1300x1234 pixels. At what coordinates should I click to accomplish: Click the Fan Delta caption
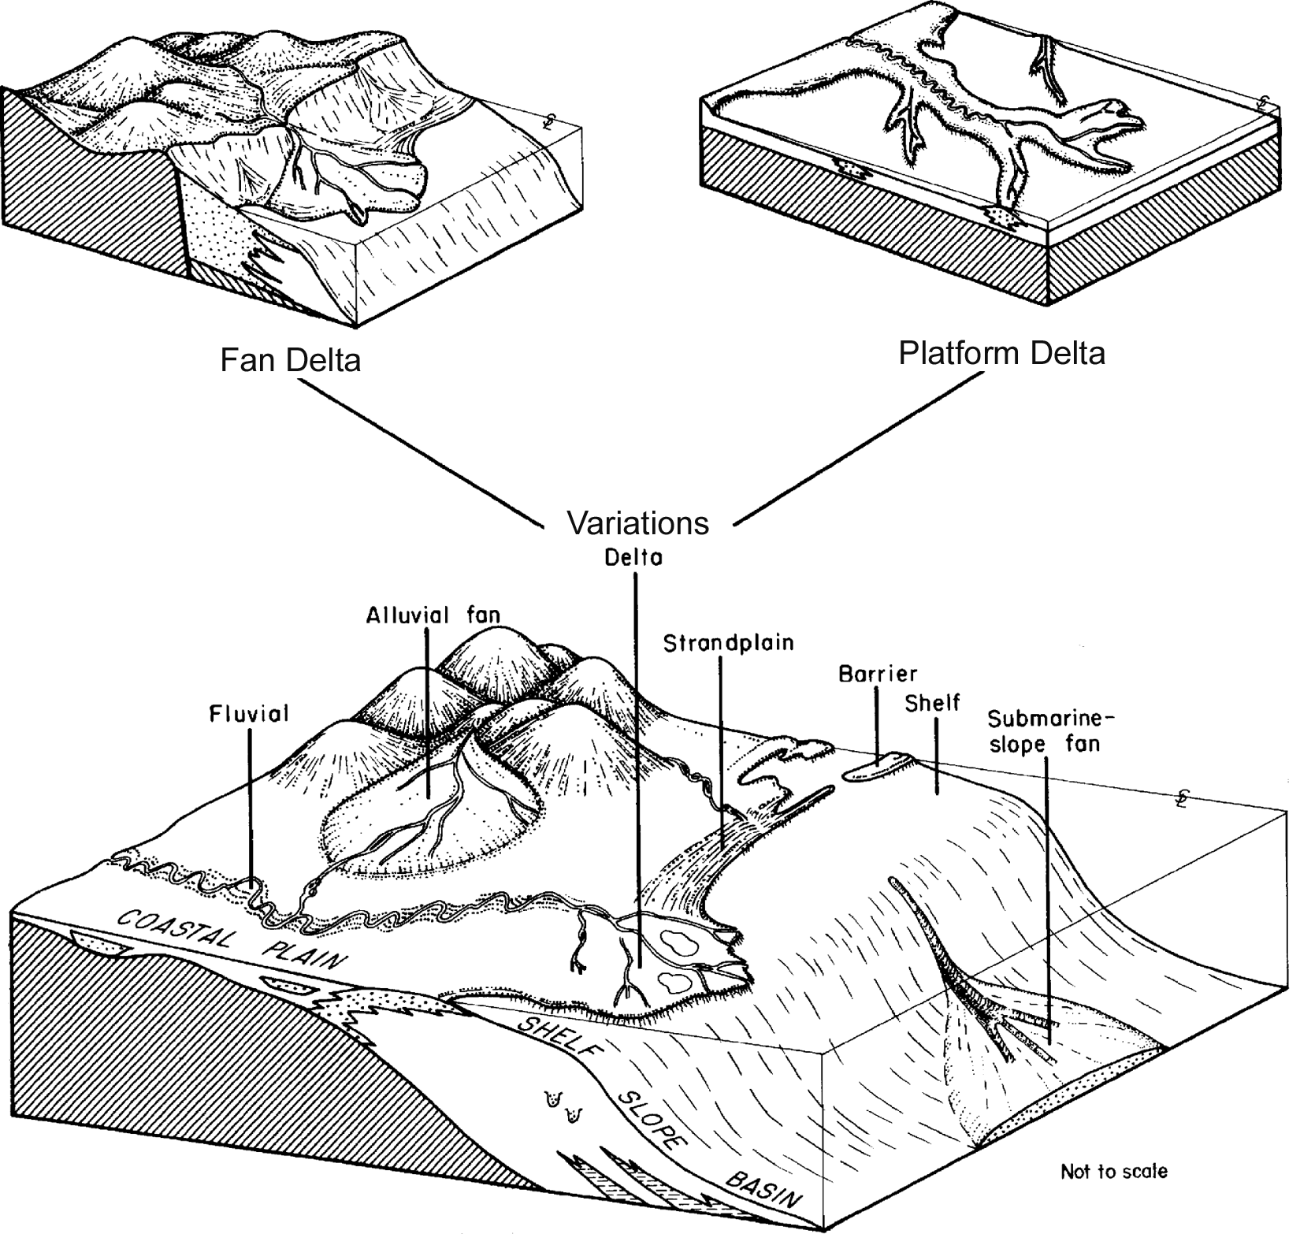pos(290,360)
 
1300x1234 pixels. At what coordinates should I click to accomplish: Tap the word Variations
pos(637,522)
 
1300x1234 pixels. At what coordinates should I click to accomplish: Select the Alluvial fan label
pos(433,615)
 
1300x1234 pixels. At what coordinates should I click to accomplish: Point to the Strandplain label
pos(728,644)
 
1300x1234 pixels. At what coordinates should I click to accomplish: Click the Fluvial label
pos(249,714)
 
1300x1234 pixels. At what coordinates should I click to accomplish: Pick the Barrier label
pos(878,674)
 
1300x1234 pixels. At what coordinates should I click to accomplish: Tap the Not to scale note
pos(1113,1172)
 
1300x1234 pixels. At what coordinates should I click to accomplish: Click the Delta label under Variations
pos(633,557)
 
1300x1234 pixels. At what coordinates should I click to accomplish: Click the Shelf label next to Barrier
pos(932,702)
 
